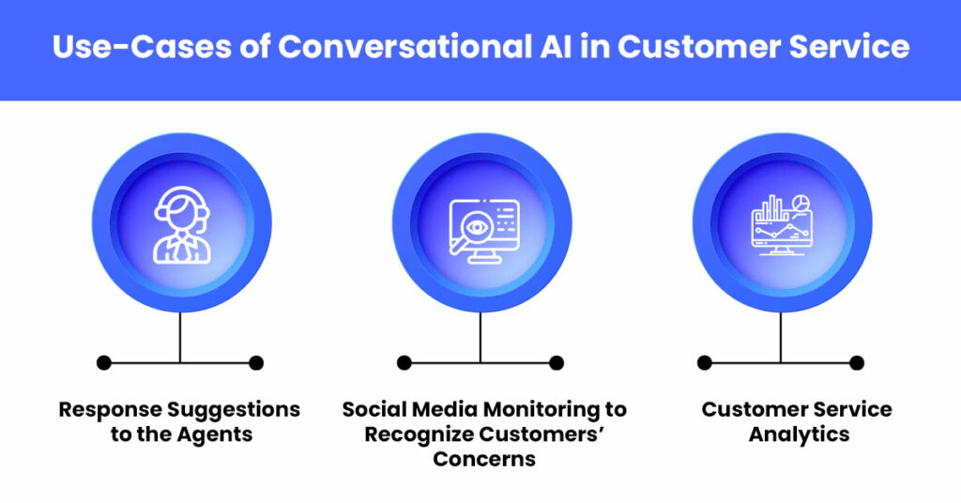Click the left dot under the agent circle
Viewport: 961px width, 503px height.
click(x=103, y=362)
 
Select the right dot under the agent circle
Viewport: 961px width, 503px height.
click(x=256, y=362)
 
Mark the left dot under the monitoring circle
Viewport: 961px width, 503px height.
click(x=404, y=362)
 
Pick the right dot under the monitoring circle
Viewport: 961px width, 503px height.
click(x=557, y=362)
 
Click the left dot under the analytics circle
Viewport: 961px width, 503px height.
click(x=705, y=362)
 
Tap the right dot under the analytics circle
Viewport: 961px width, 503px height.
click(x=857, y=362)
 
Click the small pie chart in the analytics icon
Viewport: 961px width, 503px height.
click(x=801, y=203)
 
